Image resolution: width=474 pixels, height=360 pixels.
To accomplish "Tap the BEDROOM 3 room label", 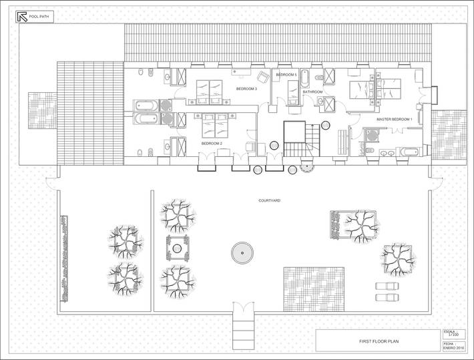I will (x=246, y=88).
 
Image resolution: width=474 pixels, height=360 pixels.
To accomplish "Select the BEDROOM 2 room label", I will (x=212, y=143).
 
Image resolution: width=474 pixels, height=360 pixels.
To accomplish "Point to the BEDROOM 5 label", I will (x=286, y=75).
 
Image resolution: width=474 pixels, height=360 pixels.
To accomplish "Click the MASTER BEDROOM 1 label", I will (x=395, y=119).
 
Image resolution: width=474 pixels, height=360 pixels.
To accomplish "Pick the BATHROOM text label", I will (x=312, y=92).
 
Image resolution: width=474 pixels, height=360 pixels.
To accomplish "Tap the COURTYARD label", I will (x=269, y=200).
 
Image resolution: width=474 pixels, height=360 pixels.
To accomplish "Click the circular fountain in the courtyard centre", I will (x=243, y=252).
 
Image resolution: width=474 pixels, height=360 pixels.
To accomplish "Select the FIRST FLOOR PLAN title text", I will (x=378, y=341).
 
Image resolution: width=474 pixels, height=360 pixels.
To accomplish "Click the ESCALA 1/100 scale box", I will (x=453, y=333).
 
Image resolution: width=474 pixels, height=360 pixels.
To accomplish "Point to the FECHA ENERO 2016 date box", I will (x=453, y=345).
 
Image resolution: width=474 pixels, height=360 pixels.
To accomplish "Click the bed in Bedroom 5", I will (x=292, y=89).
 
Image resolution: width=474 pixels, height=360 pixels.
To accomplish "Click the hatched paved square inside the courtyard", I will (x=314, y=289).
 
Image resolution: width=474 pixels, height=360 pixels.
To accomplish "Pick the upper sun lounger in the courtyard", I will (x=386, y=287).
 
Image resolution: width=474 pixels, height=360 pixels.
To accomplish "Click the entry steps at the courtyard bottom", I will (x=243, y=328).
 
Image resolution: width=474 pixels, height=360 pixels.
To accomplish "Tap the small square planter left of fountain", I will (x=178, y=248).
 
